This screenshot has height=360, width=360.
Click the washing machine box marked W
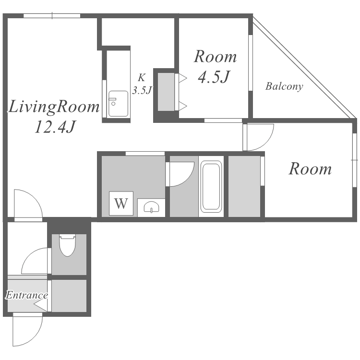pyautogui.click(x=121, y=203)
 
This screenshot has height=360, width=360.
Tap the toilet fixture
pyautogui.click(x=67, y=245)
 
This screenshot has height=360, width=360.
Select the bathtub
pyautogui.click(x=211, y=186)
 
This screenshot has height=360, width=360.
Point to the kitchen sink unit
pyautogui.click(x=118, y=104)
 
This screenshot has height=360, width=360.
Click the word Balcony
pyautogui.click(x=284, y=86)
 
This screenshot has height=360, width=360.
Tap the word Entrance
pyautogui.click(x=26, y=295)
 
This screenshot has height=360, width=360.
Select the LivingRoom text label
pyautogui.click(x=54, y=108)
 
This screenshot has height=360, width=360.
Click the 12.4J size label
pyautogui.click(x=55, y=127)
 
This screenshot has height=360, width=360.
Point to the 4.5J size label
pyautogui.click(x=214, y=77)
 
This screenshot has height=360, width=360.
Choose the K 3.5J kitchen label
pyautogui.click(x=142, y=84)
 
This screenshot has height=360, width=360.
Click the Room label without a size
pyautogui.click(x=310, y=169)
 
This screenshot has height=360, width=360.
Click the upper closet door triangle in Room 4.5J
pyautogui.click(x=183, y=78)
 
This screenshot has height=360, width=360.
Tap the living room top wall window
pyautogui.click(x=52, y=16)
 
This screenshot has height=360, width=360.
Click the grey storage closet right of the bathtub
pyautogui.click(x=244, y=186)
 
